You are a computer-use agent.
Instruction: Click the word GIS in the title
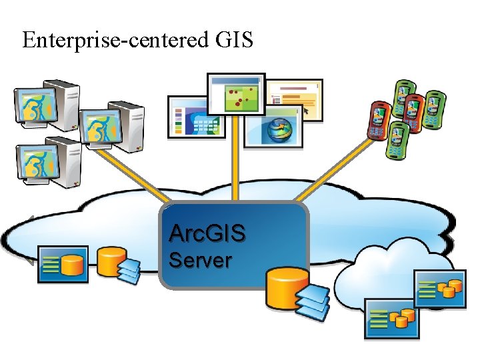(x=234, y=41)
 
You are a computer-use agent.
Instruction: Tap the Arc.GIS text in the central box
(x=207, y=234)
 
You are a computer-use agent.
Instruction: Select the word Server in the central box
(x=199, y=260)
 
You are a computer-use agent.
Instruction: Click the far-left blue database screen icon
(x=63, y=264)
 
